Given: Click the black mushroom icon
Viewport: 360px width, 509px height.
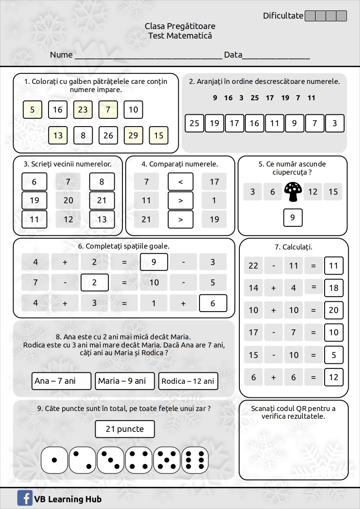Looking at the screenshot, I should [x=293, y=192].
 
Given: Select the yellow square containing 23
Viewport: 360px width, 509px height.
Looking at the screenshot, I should [x=83, y=110].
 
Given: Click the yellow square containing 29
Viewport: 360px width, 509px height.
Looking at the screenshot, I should [x=133, y=136].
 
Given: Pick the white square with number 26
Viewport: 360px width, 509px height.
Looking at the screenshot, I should [x=108, y=136].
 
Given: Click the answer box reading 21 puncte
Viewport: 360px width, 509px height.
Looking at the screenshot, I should [x=125, y=429].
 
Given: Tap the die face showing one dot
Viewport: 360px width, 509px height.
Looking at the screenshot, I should [x=54, y=460].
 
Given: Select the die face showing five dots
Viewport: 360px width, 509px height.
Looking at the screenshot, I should [x=167, y=460].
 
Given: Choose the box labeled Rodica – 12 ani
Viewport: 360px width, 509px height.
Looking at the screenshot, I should [x=188, y=381].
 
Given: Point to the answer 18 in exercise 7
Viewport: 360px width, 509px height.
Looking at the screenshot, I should [x=334, y=288].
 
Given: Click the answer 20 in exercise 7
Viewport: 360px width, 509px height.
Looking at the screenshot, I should [x=334, y=310].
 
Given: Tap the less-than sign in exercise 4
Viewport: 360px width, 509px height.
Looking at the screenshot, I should [x=180, y=182].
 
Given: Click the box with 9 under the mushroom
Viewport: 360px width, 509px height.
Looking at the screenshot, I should [x=293, y=217].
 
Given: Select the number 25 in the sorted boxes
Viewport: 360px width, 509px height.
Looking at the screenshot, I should [x=195, y=123].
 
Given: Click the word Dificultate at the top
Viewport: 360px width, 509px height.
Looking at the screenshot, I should [x=283, y=16].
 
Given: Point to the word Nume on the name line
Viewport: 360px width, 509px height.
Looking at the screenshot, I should [x=61, y=55].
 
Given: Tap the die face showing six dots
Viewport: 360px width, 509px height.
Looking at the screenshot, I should [x=195, y=460].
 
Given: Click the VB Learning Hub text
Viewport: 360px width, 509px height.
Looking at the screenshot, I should [x=68, y=499].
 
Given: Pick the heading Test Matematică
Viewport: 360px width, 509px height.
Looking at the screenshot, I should [x=180, y=36].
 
